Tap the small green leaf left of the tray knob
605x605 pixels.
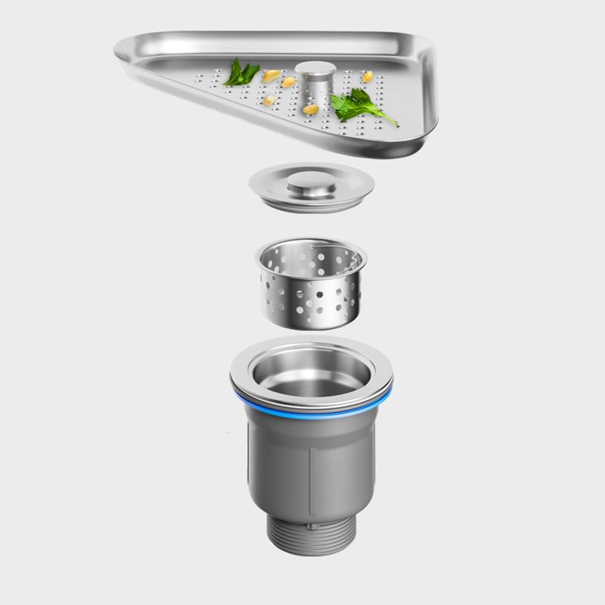click(242, 73)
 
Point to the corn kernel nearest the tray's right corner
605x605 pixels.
click(368, 76)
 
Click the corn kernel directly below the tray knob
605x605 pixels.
click(310, 110)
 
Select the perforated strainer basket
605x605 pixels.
click(311, 291)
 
